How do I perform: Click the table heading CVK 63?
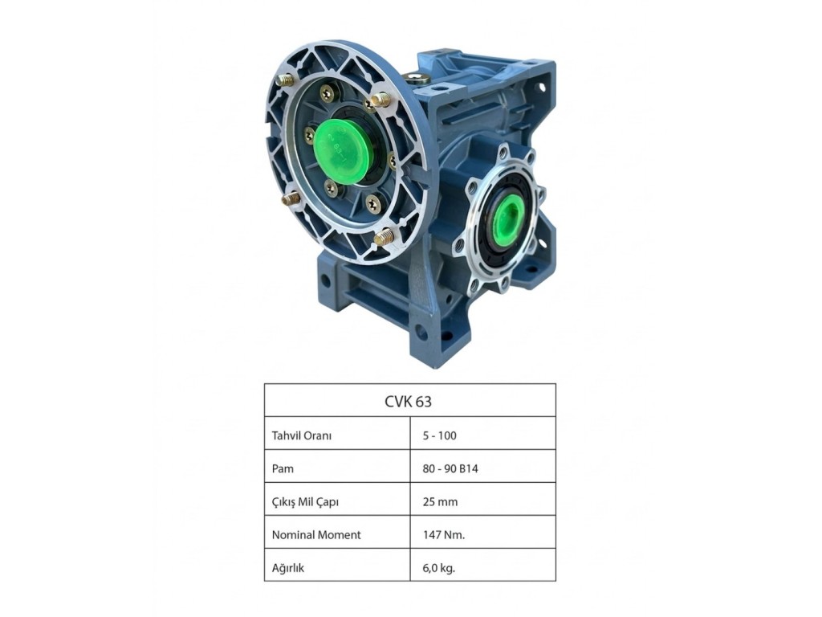tap(409, 402)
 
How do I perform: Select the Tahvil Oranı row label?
tap(302, 435)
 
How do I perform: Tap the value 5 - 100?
tap(439, 435)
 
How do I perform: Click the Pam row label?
tap(283, 468)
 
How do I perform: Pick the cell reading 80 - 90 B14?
tap(450, 468)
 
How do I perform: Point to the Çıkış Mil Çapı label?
tap(305, 502)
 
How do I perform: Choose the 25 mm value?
tap(440, 501)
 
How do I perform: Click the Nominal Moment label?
tap(316, 534)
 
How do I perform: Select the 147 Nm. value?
tap(443, 534)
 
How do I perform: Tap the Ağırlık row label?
tap(288, 568)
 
